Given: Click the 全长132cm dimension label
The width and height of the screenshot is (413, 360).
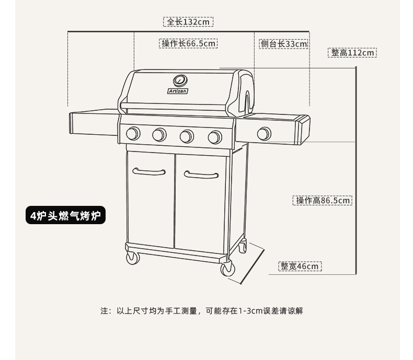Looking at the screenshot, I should (189, 22).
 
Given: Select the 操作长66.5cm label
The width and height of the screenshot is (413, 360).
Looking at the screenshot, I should (188, 43).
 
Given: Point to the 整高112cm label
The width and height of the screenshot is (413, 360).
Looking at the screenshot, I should (353, 53).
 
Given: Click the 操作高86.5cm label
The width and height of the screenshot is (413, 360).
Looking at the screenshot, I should (322, 200).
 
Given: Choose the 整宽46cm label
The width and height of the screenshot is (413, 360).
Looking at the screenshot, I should (300, 266).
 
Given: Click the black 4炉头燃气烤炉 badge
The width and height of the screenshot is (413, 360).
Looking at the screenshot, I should (65, 216).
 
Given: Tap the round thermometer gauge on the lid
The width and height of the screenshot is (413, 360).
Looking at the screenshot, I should (180, 80).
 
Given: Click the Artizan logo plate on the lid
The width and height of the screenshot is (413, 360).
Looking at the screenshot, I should (178, 91).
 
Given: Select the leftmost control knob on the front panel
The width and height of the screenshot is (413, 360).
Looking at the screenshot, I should (133, 134).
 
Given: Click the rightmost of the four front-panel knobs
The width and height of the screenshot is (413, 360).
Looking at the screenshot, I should (214, 137).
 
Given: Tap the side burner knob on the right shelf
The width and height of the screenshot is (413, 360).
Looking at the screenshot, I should (264, 134).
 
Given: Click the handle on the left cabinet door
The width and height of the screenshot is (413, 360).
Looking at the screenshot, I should (149, 171).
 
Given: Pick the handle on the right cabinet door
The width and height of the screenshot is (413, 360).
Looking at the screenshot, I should (201, 175).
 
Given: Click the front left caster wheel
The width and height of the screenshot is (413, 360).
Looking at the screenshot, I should (133, 258).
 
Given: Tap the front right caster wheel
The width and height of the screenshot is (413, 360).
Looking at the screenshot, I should (227, 269).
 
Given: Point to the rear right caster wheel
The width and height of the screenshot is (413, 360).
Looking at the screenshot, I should (242, 247).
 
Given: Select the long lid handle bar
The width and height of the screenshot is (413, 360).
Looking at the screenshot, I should (173, 107).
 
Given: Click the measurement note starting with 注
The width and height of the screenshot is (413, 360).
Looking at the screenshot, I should (202, 311).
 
